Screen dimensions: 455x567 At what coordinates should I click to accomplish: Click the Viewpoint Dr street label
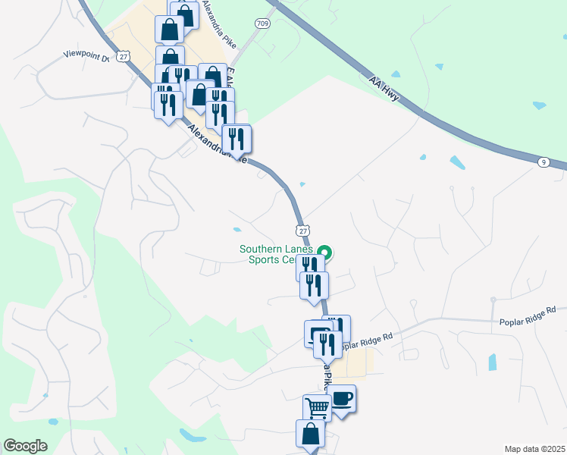coord(86,55)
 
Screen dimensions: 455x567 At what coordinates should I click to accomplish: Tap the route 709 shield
coord(262,24)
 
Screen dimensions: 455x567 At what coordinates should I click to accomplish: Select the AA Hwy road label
coord(384,88)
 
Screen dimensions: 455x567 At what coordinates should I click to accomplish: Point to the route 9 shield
coord(544,162)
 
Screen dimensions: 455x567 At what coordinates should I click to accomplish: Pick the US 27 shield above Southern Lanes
coord(302,231)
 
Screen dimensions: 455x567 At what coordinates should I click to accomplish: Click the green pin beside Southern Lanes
coord(325,253)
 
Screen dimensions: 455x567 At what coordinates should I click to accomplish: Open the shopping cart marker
coord(317,408)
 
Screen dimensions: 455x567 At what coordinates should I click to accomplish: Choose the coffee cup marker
coord(341,398)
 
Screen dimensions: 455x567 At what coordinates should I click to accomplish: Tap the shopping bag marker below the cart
coord(310,435)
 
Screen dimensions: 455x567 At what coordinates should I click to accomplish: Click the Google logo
coord(25,445)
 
